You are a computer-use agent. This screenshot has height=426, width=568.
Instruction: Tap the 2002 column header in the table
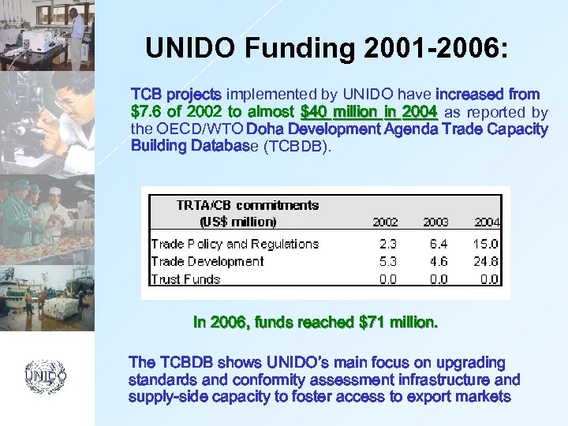tap(384, 222)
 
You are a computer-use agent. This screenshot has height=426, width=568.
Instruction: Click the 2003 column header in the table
tap(435, 222)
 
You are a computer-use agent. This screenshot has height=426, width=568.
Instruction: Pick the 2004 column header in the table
tap(486, 222)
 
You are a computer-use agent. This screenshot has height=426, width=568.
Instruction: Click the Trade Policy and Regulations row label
tap(234, 245)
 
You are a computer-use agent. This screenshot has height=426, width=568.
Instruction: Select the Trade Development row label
tap(207, 262)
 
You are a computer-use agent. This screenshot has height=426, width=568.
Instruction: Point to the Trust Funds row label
tap(185, 279)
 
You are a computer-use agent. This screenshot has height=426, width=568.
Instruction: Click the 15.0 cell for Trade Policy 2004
tap(486, 245)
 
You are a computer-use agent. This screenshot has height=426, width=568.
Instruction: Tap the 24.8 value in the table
tap(486, 262)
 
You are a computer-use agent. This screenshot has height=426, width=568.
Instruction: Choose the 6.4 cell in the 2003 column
tap(438, 245)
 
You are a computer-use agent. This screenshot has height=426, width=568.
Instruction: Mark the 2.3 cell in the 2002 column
tap(387, 245)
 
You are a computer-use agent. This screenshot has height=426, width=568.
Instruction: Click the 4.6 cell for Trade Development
tap(438, 262)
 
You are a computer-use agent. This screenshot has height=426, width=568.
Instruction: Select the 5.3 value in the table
tap(387, 262)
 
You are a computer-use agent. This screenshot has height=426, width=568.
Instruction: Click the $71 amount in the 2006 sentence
tap(372, 323)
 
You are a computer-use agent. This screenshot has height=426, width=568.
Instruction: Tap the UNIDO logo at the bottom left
tap(45, 376)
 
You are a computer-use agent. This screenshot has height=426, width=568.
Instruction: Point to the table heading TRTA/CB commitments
tap(248, 205)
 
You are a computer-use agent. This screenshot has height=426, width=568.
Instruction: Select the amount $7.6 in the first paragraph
tap(148, 111)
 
